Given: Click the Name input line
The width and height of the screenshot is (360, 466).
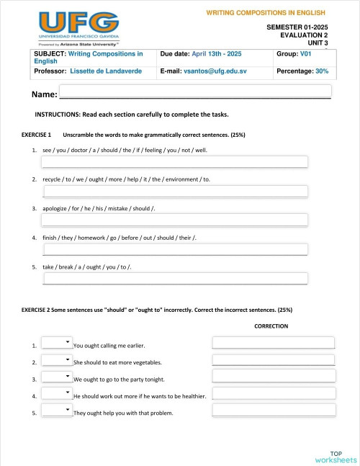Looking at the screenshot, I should pyautogui.click(x=194, y=92).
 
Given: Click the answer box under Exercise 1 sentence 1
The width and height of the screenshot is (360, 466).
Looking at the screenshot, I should pyautogui.click(x=175, y=161).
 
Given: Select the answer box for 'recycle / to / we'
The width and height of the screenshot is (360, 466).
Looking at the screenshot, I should pyautogui.click(x=175, y=191).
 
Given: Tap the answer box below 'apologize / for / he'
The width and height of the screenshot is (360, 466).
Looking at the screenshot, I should pyautogui.click(x=175, y=220).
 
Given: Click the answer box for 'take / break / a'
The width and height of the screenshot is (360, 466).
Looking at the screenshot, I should pyautogui.click(x=175, y=279).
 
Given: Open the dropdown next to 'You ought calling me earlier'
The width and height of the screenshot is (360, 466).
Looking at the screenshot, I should pyautogui.click(x=57, y=344).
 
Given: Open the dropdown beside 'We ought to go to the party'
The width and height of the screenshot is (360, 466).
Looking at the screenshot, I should pyautogui.click(x=57, y=377).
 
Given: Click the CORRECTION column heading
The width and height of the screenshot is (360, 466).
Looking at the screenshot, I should pyautogui.click(x=271, y=326).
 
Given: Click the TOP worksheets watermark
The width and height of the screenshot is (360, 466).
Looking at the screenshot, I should pyautogui.click(x=336, y=456).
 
